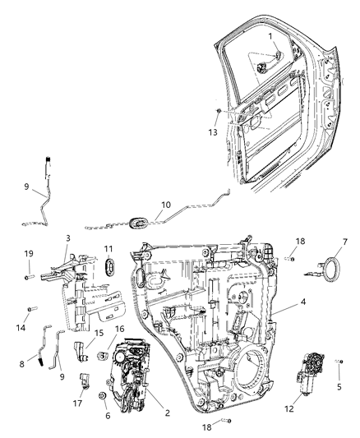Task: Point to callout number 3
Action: click(x=67, y=237)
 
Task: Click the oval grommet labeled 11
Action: click(x=108, y=267)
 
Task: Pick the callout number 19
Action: click(x=27, y=254)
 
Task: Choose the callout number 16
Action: click(x=120, y=328)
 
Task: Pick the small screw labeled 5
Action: click(x=341, y=362)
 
